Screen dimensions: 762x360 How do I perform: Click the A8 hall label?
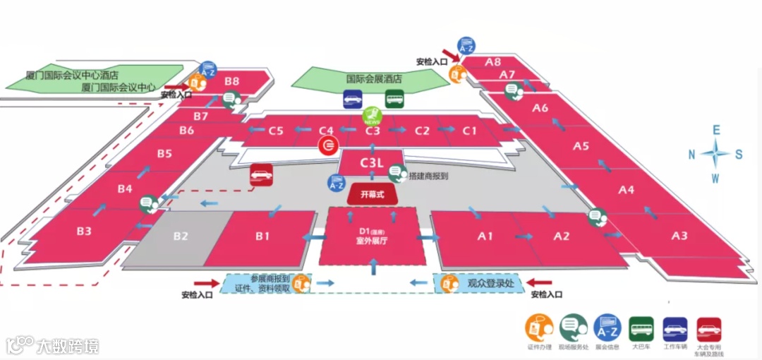point(493,62)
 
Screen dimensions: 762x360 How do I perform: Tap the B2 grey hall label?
point(181,236)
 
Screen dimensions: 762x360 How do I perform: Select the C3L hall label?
point(371,163)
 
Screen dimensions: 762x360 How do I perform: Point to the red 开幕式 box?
point(372,194)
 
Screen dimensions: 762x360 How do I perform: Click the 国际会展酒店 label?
point(373,79)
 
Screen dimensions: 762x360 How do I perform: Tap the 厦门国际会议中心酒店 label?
point(71,74)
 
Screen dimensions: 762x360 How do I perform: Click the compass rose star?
point(716,153)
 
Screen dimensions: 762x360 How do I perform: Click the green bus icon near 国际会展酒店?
point(395,99)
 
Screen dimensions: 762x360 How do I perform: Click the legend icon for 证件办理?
point(539,328)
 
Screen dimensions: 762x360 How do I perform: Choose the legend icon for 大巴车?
point(641,328)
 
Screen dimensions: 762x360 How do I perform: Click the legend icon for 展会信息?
point(607,328)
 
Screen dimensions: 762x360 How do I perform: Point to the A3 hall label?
point(679,236)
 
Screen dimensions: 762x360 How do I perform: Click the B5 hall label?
point(164,153)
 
